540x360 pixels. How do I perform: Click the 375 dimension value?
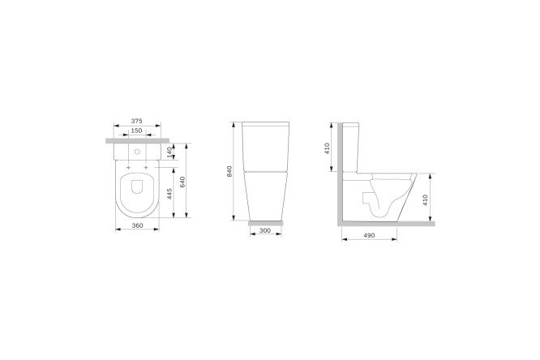137,121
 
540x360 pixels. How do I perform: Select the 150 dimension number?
137,131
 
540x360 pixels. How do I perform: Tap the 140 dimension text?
169,152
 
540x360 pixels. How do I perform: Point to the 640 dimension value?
182,182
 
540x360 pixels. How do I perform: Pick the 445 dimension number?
169,194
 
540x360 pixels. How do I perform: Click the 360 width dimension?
137,225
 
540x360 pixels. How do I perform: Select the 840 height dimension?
229,171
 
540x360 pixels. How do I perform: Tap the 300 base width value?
265,230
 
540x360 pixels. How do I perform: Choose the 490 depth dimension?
369,235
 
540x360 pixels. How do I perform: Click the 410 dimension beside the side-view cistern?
328,148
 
